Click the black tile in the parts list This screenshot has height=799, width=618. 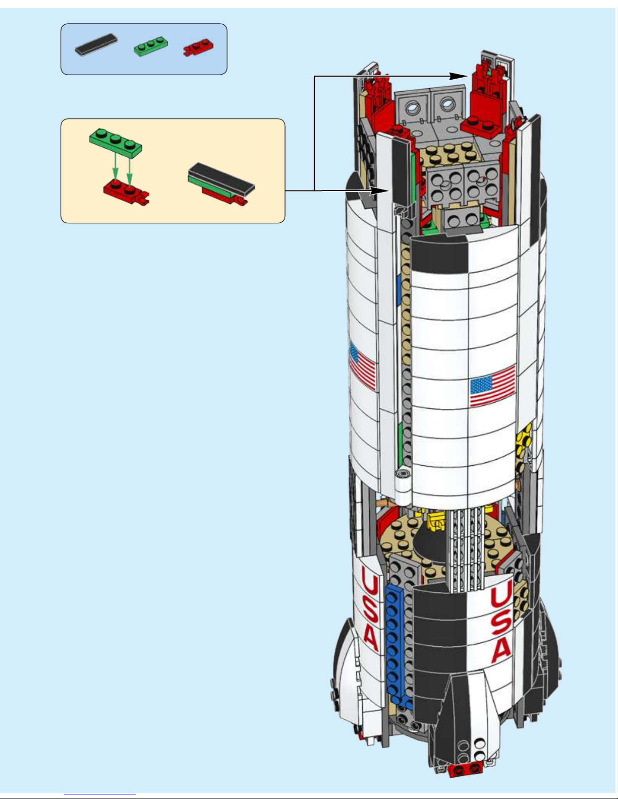pos(96,44)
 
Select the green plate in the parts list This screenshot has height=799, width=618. pos(151,46)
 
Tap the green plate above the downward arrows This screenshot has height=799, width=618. pos(116,140)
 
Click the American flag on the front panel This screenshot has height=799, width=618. pos(492,385)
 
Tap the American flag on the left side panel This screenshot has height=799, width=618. pos(362,365)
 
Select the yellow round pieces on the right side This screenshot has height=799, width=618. pos(524,439)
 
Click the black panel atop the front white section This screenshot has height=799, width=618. pos(439,255)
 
